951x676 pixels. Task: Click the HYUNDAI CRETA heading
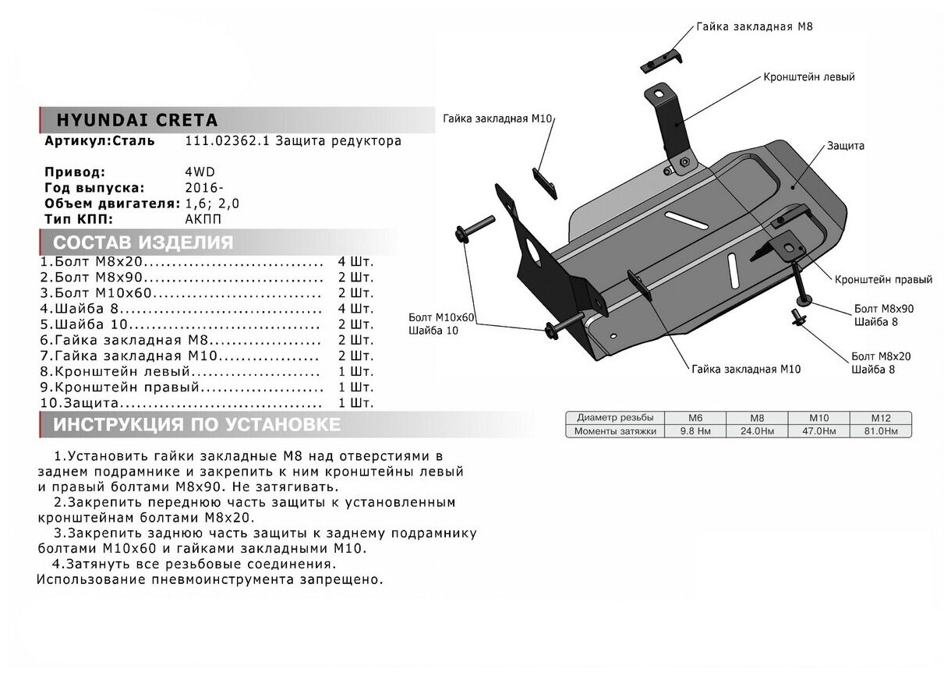tap(136, 121)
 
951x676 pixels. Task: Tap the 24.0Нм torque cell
tap(755, 430)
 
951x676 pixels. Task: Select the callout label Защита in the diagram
tap(846, 146)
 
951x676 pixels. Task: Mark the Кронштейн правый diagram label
tap(882, 278)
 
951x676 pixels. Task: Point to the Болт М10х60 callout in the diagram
tap(440, 317)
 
